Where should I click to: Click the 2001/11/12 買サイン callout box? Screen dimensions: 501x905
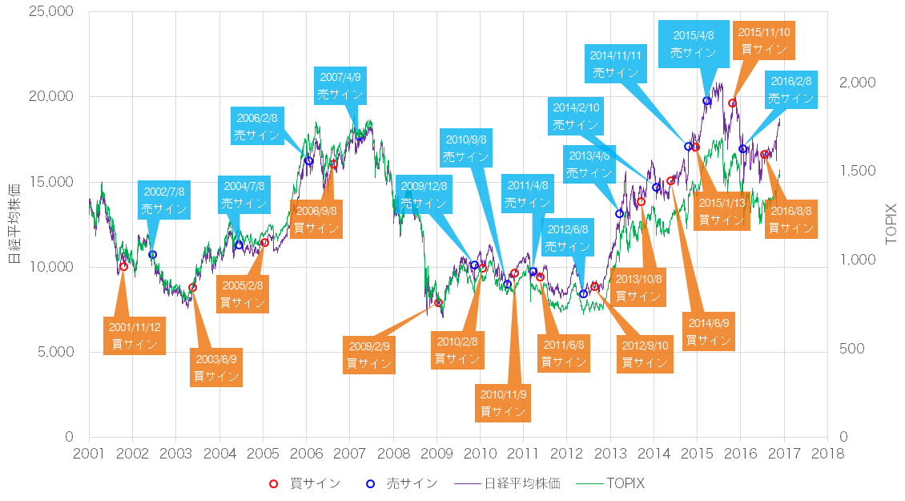135,335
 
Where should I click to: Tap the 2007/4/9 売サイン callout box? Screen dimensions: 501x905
340,86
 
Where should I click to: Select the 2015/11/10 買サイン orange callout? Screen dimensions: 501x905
764,40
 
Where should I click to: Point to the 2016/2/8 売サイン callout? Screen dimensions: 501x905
790,90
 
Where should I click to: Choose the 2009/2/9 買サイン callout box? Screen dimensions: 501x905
369,354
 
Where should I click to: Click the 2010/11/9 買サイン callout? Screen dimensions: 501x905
503,403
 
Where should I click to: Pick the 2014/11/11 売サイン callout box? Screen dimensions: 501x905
615,64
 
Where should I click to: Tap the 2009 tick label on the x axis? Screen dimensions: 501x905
436,453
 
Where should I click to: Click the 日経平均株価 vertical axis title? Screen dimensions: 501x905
14,224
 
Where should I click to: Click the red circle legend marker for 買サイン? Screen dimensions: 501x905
273,483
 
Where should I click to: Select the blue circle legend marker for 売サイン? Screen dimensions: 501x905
370,483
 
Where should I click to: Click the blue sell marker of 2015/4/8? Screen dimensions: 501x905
706,101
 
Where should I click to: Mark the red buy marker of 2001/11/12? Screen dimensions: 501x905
123,267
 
